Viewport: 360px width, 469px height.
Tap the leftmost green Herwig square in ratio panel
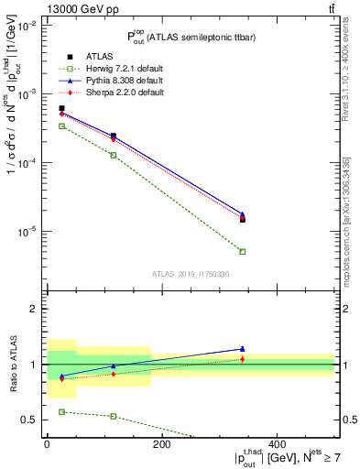(61, 412)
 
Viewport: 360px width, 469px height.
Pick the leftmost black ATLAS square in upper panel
(61, 108)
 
